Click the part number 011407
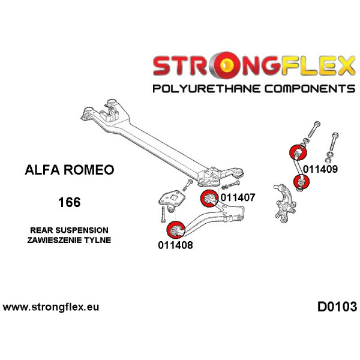239,196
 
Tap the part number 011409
320,169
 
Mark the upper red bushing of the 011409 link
296,152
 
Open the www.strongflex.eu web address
51,307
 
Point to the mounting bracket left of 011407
170,200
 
